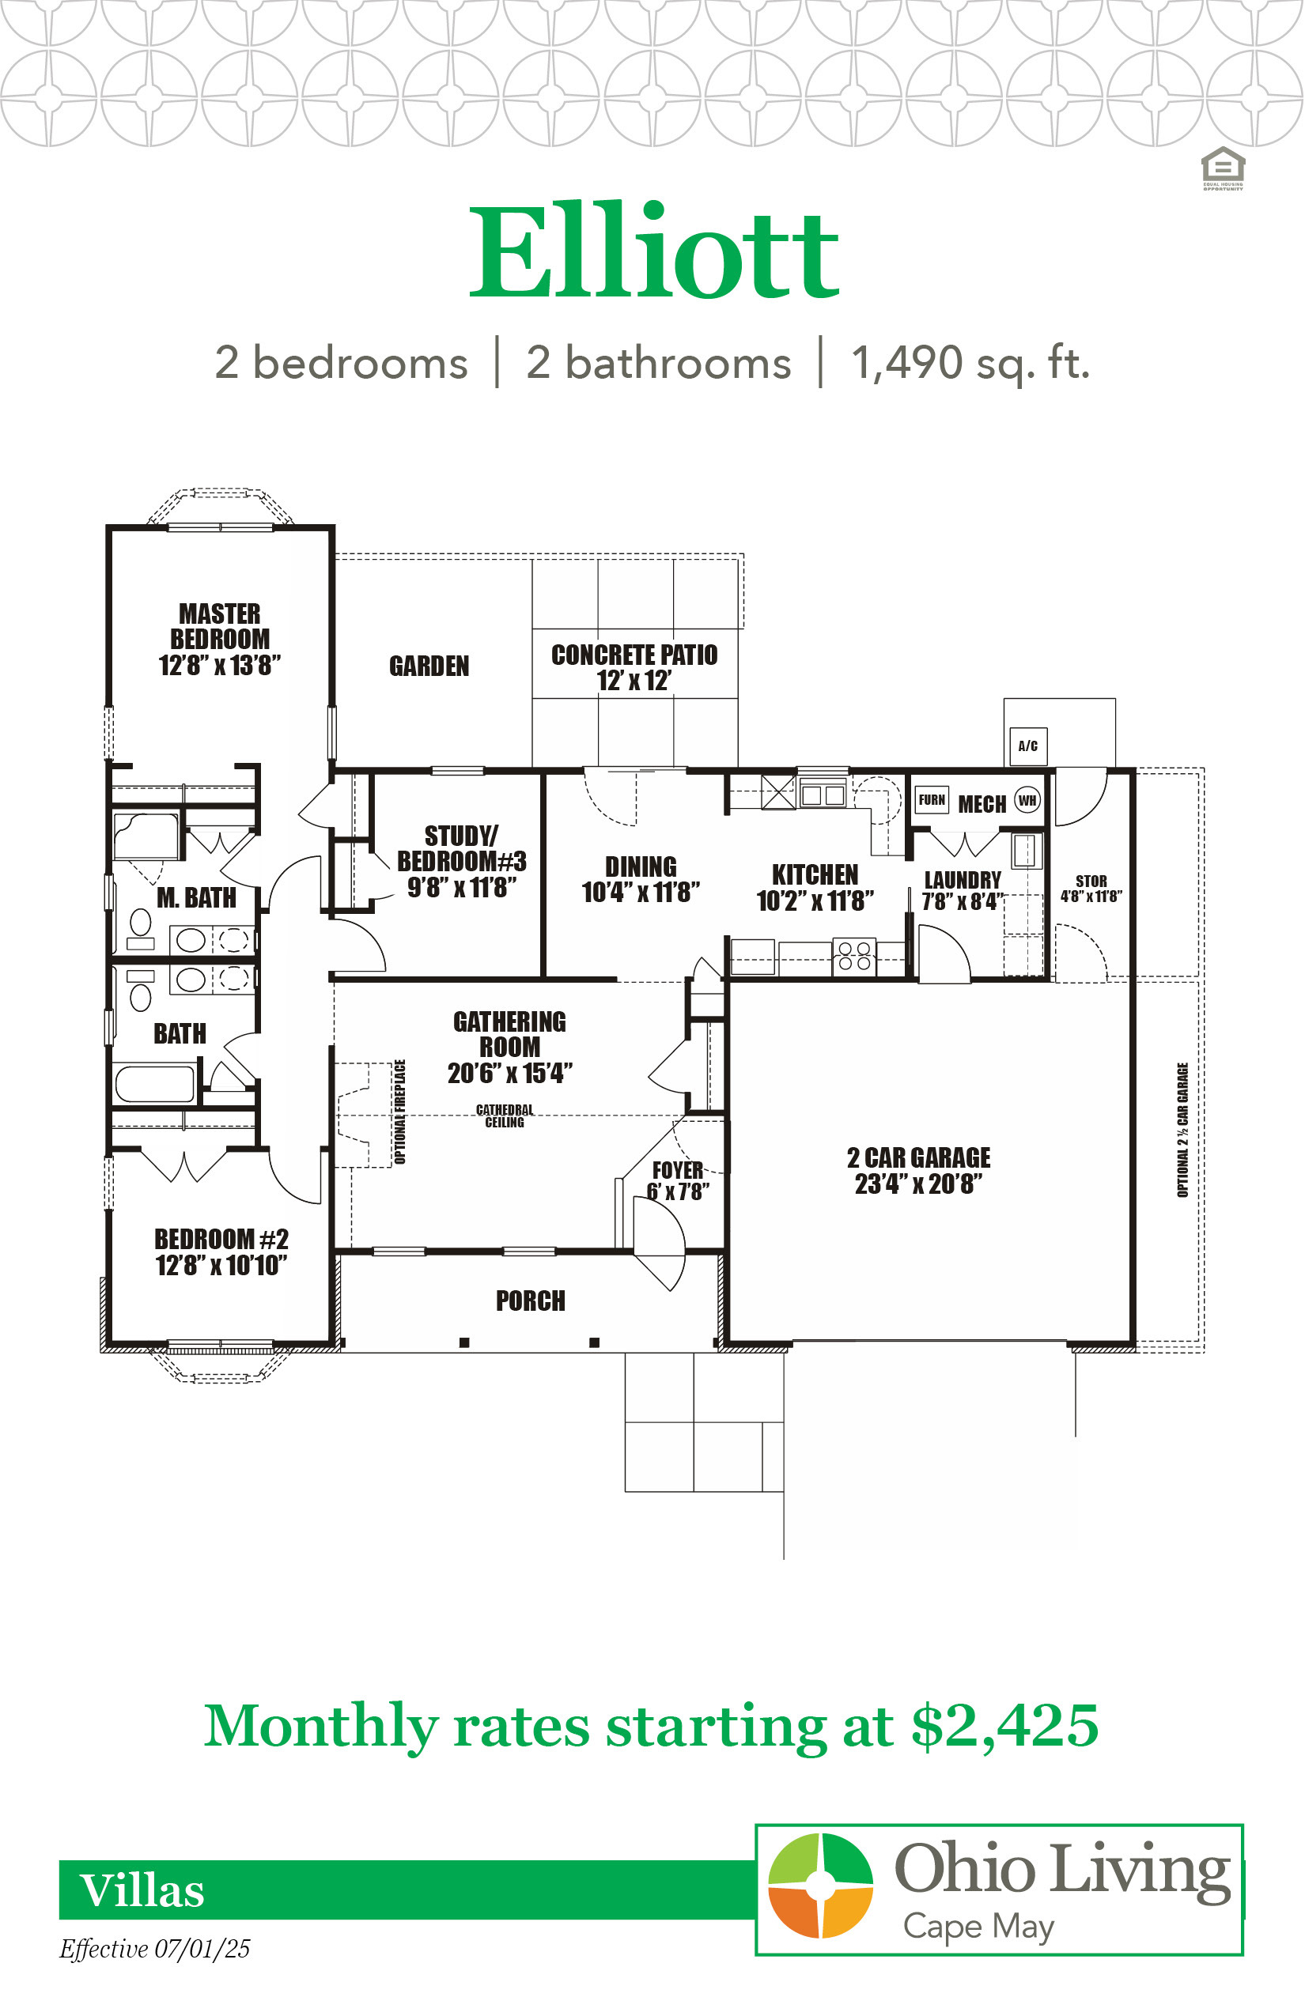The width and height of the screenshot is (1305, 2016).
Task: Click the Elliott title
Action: coord(653,251)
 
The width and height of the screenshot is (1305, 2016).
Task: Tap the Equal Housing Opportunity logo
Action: coord(1223,168)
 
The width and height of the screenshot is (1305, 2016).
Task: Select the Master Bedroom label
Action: coord(220,639)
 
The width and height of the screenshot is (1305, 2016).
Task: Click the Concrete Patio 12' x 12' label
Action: coord(634,666)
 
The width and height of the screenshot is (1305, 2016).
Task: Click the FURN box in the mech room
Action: coord(932,799)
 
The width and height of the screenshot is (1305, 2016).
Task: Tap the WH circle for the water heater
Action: coord(1027,800)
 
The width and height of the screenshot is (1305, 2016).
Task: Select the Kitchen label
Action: coord(815,887)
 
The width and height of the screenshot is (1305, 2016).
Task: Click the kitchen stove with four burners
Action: coord(855,957)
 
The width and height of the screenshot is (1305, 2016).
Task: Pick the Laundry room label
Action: coord(963,890)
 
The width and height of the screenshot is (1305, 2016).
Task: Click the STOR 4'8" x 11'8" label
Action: coord(1091,889)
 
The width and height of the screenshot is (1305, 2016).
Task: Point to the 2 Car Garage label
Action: coord(918,1171)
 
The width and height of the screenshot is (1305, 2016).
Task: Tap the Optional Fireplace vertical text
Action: coord(400,1112)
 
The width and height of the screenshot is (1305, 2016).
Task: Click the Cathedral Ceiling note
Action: coord(505,1116)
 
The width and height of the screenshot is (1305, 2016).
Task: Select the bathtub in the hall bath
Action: coord(154,1083)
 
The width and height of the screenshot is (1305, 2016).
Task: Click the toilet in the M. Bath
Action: coord(141,928)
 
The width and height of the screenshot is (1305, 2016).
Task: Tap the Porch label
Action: coord(531,1301)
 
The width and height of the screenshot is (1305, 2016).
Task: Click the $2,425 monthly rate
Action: coord(1005,1725)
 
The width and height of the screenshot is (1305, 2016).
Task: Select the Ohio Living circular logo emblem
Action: coord(820,1886)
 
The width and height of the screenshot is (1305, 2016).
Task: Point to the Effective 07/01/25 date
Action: coord(155,1949)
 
